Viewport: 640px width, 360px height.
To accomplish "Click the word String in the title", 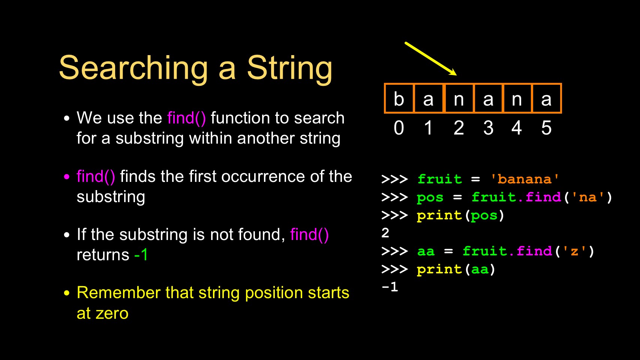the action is (x=289, y=69).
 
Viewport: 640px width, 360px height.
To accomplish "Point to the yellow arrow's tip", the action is (x=456, y=75).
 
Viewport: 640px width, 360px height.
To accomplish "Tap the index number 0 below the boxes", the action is (x=399, y=128).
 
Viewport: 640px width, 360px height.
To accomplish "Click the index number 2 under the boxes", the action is (x=459, y=128).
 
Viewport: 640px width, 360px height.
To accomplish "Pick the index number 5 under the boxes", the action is (x=546, y=128).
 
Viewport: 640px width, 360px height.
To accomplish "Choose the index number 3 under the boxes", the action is (x=488, y=128).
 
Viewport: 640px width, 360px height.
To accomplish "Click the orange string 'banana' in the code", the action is (x=525, y=179).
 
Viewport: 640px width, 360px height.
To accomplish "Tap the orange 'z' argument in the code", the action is (x=574, y=251).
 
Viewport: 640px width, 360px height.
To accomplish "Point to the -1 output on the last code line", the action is (x=390, y=286).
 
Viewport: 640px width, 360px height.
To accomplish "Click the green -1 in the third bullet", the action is (x=141, y=254).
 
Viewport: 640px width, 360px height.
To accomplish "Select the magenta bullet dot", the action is (x=67, y=177).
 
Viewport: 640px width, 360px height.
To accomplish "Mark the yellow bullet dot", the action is (x=67, y=293).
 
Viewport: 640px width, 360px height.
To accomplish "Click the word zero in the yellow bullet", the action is (x=112, y=314).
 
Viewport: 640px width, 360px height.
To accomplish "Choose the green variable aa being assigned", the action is (x=426, y=251).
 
